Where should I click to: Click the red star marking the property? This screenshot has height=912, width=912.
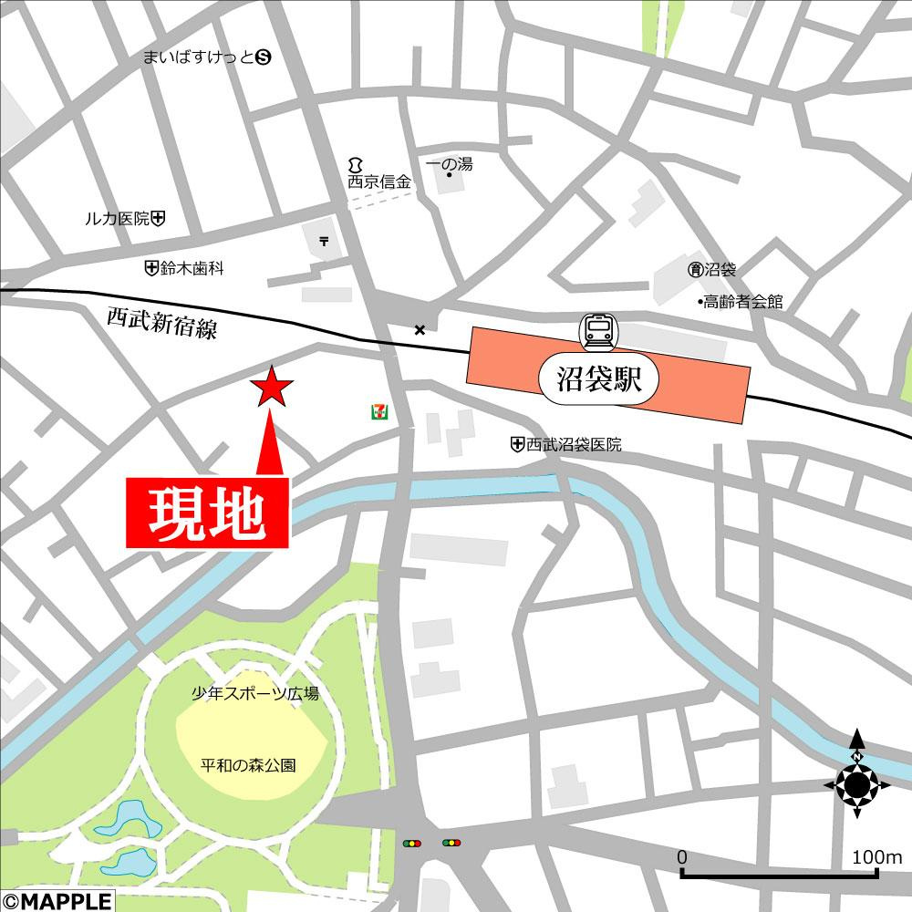point(272,388)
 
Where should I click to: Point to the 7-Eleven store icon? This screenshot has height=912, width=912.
point(376,412)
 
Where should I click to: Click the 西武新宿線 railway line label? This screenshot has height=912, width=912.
point(161,323)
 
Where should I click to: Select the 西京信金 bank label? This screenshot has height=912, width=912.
point(378,181)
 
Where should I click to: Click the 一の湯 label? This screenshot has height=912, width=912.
point(449,164)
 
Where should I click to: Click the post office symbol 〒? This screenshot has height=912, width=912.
point(325,240)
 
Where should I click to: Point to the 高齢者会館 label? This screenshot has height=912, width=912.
point(741,302)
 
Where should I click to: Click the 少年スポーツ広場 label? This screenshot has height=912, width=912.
point(254,694)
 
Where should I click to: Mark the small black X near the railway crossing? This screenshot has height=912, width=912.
point(420,329)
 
